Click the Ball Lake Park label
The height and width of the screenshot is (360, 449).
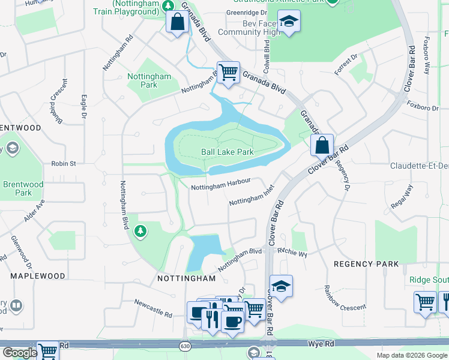[x=227, y=152]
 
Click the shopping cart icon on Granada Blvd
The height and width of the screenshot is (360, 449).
[x=228, y=73]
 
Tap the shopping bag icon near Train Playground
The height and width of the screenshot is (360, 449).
[x=177, y=22]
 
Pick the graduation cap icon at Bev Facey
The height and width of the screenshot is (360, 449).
[x=289, y=22]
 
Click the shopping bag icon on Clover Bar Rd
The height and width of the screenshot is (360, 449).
[x=322, y=145]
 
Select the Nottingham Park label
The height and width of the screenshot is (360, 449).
[x=149, y=80]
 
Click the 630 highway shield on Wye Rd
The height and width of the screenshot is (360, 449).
[x=184, y=346]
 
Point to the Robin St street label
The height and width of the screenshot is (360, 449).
[x=64, y=163]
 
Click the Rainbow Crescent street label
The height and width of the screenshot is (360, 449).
[x=346, y=298]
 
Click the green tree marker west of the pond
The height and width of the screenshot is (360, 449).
[x=140, y=230]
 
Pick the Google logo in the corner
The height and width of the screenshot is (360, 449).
[x=19, y=353]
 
